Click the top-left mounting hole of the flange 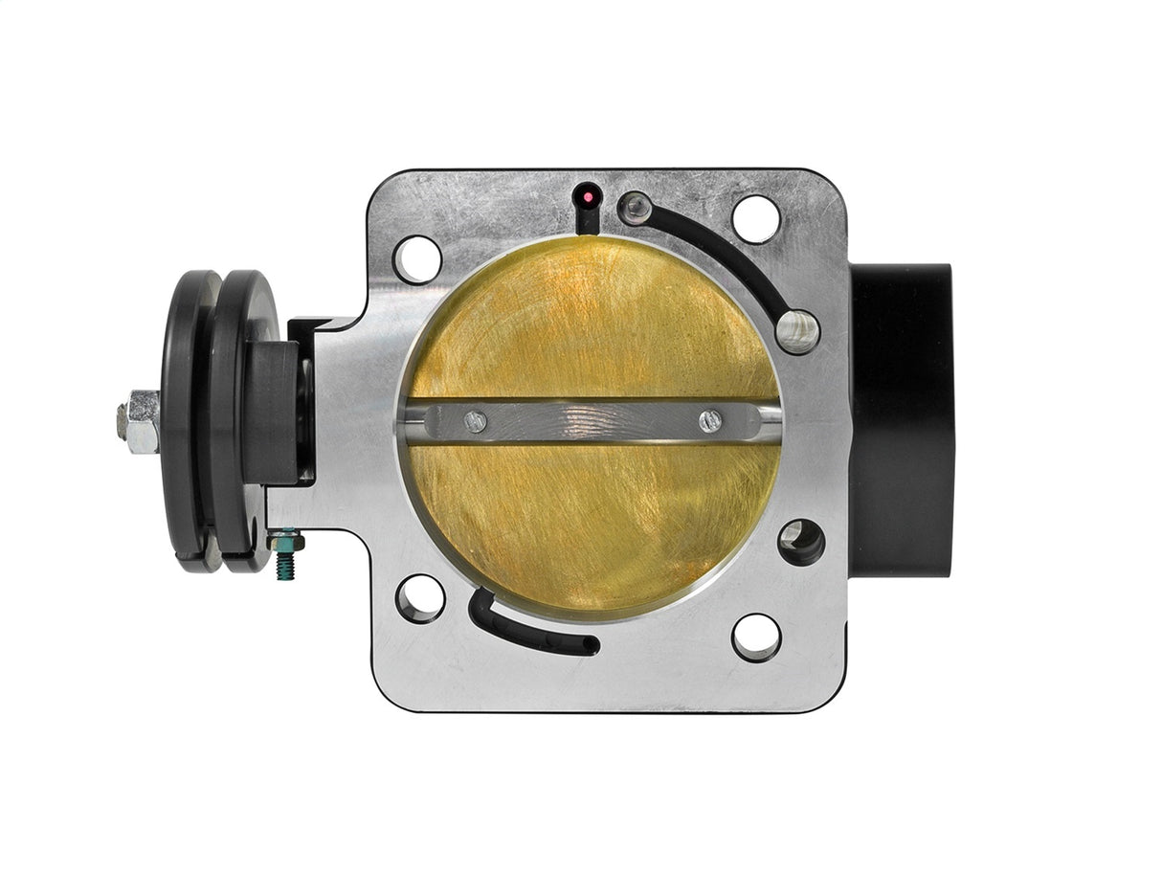[417, 258]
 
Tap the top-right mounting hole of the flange [756, 218]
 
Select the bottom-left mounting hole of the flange [420, 598]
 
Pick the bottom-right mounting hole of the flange [756, 637]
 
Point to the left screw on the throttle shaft [474, 420]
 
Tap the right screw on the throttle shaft [710, 421]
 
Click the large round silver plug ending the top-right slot [797, 331]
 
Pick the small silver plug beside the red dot [635, 208]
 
